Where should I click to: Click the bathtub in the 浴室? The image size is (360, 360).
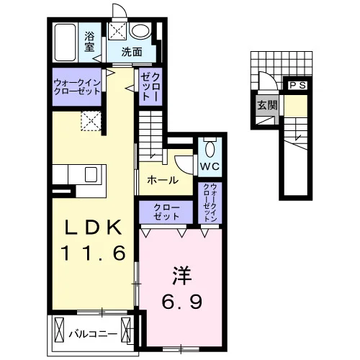pos(65,42)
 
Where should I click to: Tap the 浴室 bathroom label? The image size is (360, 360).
pos(89,42)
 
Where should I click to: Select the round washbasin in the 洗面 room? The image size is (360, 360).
pos(140,31)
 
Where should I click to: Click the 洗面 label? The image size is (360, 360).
pos(132,52)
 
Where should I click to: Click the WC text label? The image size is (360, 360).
pos(210,166)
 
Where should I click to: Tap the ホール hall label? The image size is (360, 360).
pos(163,180)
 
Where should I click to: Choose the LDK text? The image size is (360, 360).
pos(94,228)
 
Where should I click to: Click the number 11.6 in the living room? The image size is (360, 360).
pos(94,253)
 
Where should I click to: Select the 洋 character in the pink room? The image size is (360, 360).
pos(181,276)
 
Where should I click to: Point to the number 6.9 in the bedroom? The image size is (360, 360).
pos(182,302)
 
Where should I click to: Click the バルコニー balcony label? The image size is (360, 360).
pos(93,334)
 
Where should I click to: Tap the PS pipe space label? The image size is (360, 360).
pos(297,85)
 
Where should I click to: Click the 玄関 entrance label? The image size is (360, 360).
pos(267,105)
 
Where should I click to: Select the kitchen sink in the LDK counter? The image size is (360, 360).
pos(91,174)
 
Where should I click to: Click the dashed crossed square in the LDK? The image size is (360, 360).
pos(91,121)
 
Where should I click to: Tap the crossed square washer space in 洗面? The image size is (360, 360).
pos(117,31)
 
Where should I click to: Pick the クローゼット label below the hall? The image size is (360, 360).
pos(166,212)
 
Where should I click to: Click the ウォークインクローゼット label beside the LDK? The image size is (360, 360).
pos(76,87)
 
